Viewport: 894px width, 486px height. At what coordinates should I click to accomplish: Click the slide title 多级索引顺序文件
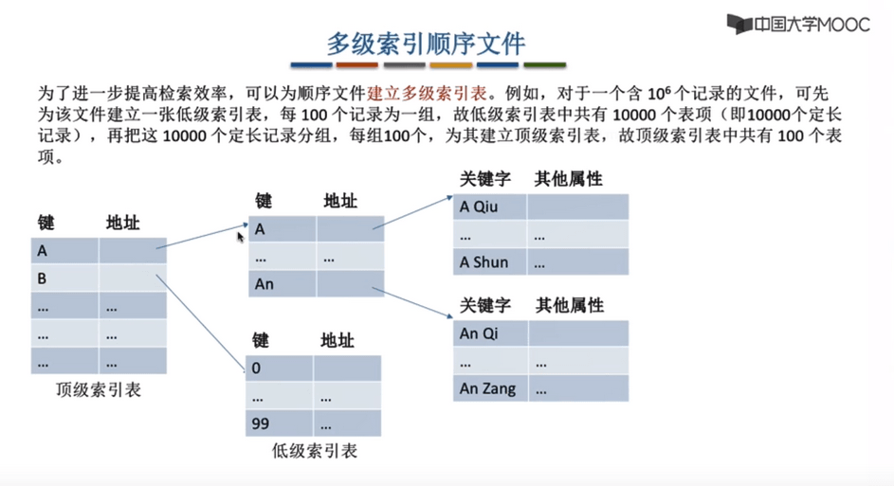click(426, 44)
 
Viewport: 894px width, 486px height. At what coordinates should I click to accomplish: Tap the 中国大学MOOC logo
click(798, 24)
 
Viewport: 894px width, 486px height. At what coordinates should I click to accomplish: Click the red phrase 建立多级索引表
click(427, 93)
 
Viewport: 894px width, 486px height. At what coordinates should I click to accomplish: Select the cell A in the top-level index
click(64, 251)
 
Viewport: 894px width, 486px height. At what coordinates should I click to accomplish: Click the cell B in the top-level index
click(64, 279)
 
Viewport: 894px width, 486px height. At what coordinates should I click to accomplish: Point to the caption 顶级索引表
click(98, 389)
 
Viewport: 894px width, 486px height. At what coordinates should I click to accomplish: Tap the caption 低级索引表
click(314, 451)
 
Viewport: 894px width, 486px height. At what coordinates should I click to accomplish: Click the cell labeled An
click(282, 284)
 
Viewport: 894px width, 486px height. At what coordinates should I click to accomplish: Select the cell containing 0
click(279, 369)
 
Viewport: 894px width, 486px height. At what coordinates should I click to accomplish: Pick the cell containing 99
click(279, 423)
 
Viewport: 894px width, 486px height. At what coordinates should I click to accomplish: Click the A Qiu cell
click(490, 207)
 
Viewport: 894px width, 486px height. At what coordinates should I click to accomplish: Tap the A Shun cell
click(490, 262)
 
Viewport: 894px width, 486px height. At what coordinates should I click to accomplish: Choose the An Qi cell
click(490, 333)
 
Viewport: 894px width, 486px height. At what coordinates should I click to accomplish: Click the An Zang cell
click(490, 388)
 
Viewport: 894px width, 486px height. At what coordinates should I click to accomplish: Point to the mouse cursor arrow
click(241, 237)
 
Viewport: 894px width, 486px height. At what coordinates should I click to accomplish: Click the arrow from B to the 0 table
click(200, 323)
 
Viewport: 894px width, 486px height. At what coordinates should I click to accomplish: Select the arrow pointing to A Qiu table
click(412, 212)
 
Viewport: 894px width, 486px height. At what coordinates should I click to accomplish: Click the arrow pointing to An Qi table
click(412, 302)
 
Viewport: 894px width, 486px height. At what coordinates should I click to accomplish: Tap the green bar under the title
click(544, 65)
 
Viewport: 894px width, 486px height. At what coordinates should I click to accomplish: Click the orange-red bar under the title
click(356, 65)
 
